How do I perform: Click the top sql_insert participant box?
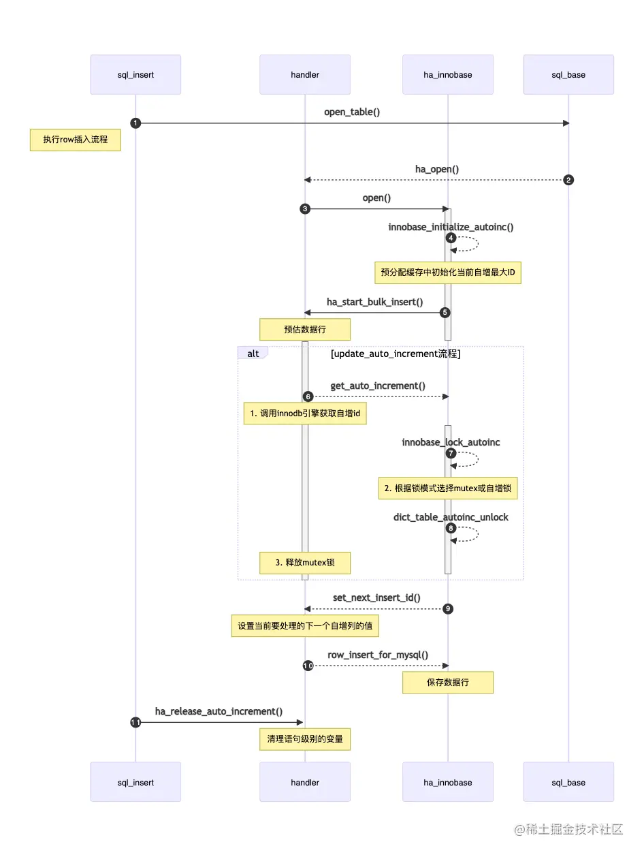(135, 74)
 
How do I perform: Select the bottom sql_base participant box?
(568, 782)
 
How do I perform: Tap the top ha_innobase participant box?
(447, 74)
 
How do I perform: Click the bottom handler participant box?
(305, 782)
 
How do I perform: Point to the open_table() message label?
(352, 112)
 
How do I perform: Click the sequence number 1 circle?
(135, 123)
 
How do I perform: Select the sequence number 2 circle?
(568, 180)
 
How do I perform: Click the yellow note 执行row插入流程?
(76, 141)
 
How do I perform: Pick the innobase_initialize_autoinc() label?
(451, 226)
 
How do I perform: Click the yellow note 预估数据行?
(305, 330)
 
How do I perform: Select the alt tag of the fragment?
(253, 353)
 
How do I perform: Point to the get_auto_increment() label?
(378, 386)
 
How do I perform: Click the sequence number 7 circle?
(450, 453)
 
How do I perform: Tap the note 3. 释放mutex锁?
(305, 562)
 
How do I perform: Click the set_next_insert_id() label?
(376, 597)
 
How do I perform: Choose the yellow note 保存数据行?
(447, 683)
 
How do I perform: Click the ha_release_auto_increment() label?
(219, 711)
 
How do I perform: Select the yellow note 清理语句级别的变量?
(305, 739)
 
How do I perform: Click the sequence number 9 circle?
(448, 608)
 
